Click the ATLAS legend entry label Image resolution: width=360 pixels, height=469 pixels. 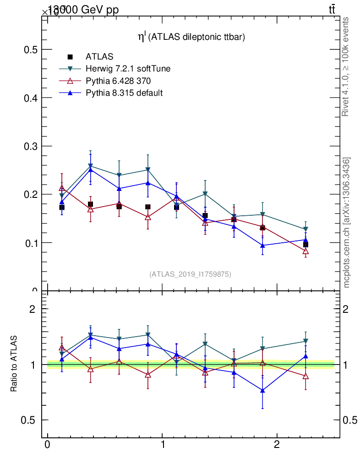(99, 57)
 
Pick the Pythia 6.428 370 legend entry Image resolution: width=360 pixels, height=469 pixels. (118, 81)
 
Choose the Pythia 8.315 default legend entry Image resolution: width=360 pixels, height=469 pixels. (124, 93)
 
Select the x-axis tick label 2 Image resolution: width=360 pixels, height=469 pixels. (277, 446)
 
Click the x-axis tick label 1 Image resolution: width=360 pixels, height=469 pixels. (162, 446)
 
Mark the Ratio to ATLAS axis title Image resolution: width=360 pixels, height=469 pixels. (14, 364)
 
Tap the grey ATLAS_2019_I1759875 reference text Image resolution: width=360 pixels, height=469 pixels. (190, 274)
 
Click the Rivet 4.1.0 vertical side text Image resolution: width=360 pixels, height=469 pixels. (346, 66)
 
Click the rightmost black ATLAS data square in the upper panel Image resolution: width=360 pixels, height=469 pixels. (305, 245)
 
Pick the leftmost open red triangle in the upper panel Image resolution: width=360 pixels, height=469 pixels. (62, 188)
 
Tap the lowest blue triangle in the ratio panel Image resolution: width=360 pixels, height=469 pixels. (262, 390)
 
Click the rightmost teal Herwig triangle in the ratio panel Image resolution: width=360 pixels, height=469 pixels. (305, 341)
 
